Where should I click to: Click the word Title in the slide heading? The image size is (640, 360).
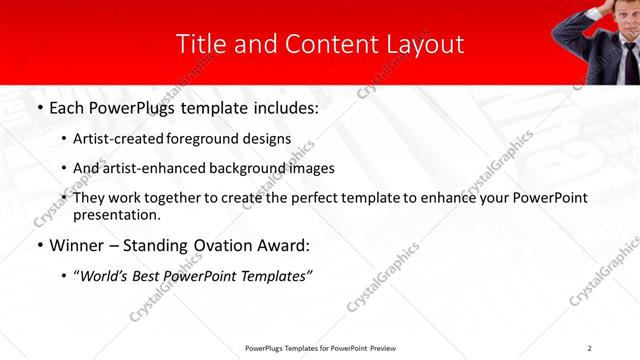point(200,44)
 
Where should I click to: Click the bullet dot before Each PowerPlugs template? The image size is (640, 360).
point(38,108)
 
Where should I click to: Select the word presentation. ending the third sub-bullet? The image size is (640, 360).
point(116,215)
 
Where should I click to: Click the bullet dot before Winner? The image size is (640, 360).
point(38,245)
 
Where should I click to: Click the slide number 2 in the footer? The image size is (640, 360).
point(590,347)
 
